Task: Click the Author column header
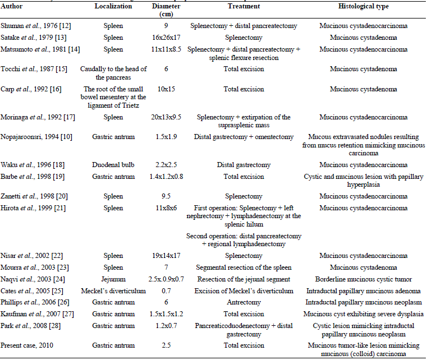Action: (12, 6)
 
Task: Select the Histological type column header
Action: (363, 6)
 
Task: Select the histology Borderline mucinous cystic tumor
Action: (363, 279)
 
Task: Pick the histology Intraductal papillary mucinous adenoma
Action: (363, 291)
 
